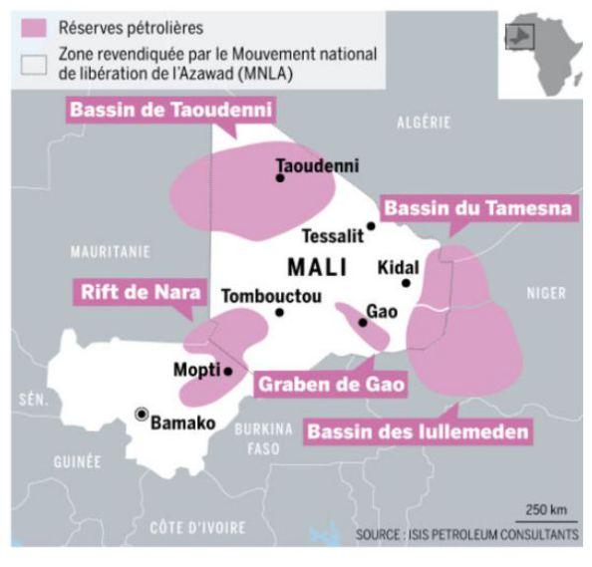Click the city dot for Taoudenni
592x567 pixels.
(280, 178)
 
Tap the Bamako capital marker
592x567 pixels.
(143, 414)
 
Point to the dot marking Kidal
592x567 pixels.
(406, 283)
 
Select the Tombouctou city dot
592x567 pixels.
(279, 312)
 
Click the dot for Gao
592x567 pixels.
(363, 322)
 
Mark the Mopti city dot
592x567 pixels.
(228, 371)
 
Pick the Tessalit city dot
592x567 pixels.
(371, 226)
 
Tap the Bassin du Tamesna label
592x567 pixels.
(477, 208)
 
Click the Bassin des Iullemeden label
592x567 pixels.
(418, 432)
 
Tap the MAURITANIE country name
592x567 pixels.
(110, 250)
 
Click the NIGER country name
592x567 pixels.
(544, 293)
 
